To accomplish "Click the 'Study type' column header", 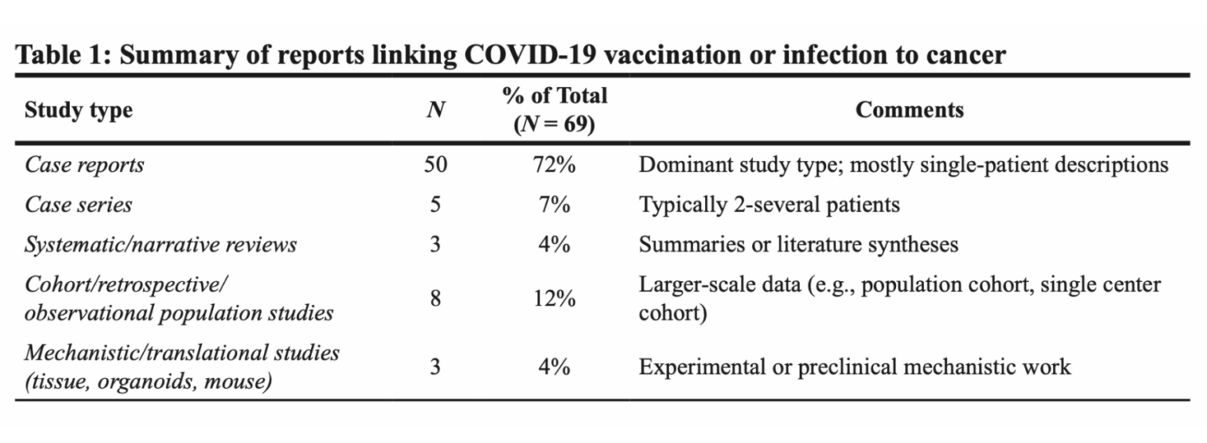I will [79, 111].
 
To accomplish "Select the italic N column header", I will [435, 111].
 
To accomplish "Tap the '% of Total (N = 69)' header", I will [555, 110].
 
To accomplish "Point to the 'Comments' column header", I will [909, 110].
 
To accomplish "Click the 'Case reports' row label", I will [84, 166].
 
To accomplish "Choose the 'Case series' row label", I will [79, 205].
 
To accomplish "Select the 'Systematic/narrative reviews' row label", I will [160, 244].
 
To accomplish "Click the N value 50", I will [435, 166].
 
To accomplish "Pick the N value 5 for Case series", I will [435, 205].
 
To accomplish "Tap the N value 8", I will [435, 298].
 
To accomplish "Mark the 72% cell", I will [554, 166].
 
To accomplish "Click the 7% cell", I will [554, 205].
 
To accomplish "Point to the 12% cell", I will [554, 298].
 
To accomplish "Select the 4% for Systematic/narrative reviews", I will [554, 244].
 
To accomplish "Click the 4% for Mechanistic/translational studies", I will [554, 367].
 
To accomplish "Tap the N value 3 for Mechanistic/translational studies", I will [435, 367].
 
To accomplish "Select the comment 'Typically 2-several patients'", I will [769, 205].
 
